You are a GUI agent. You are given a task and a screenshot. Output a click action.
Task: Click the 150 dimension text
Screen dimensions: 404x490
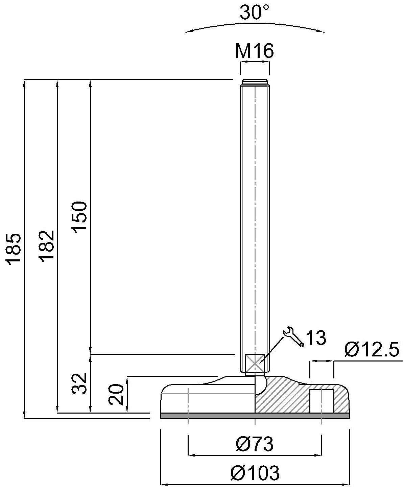click(x=80, y=217)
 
